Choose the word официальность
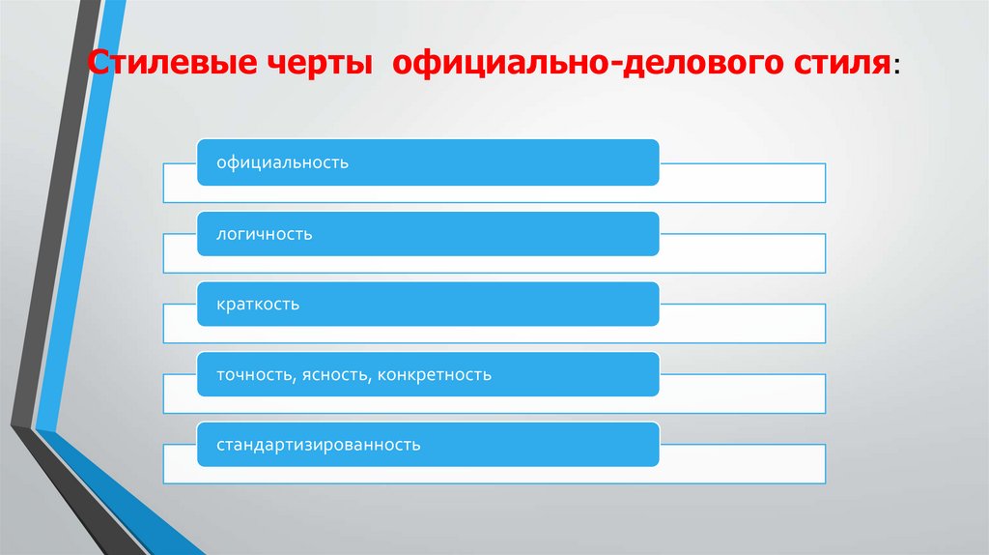(x=282, y=162)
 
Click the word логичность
(x=264, y=234)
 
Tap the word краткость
(x=258, y=305)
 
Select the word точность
(x=254, y=375)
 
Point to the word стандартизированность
(x=318, y=446)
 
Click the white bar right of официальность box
(x=742, y=183)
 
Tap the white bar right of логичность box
(x=742, y=253)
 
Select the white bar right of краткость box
(x=742, y=324)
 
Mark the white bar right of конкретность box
(x=742, y=394)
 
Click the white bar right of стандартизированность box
(x=742, y=464)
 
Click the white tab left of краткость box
(x=181, y=324)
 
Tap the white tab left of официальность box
(x=181, y=183)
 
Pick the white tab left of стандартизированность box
(x=181, y=464)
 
